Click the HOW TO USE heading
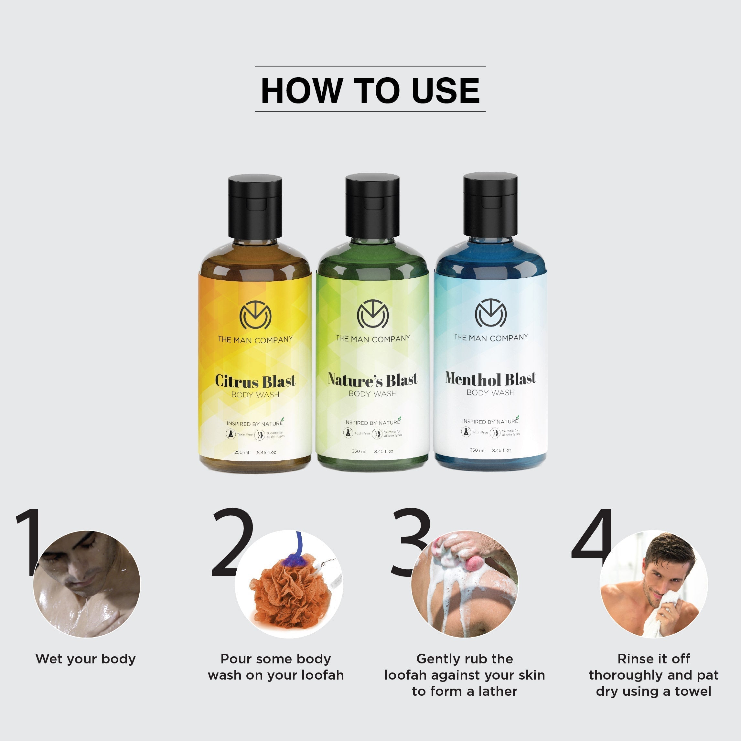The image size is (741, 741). pos(370,91)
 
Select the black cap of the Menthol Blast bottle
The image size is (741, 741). pos(490,204)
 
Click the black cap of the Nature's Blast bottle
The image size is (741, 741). pos(372,206)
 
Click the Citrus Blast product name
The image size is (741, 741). pos(255,381)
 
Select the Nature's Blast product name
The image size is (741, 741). pos(372,380)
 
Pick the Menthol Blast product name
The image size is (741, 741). pos(490,379)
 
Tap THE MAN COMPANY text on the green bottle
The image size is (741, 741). pos(372,339)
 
